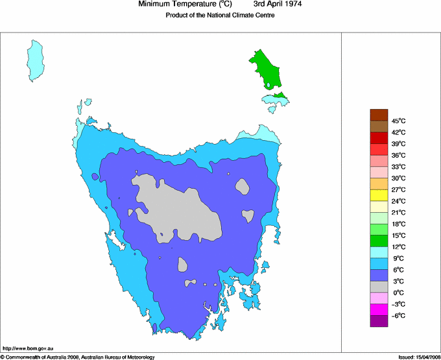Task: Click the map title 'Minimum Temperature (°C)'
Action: (185, 5)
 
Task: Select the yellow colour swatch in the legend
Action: (379, 195)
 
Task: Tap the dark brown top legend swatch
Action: (379, 115)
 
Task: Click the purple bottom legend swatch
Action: (379, 320)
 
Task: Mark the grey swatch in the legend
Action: (379, 287)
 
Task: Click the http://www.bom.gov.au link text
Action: (27, 349)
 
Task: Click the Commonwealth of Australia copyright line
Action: (78, 356)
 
